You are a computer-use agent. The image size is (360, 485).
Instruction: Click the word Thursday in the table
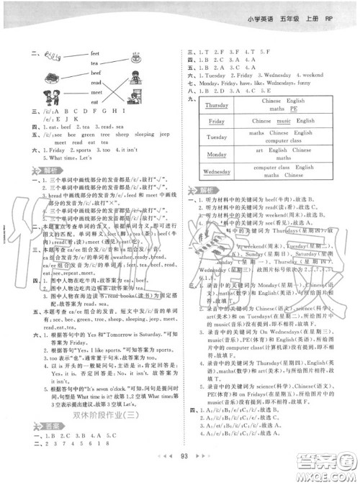217,106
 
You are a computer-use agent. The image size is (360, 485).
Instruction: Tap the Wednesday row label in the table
217,172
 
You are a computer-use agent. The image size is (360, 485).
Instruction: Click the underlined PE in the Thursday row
294,109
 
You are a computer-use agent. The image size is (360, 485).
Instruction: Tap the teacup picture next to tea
138,58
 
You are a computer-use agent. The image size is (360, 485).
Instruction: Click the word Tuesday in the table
217,137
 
